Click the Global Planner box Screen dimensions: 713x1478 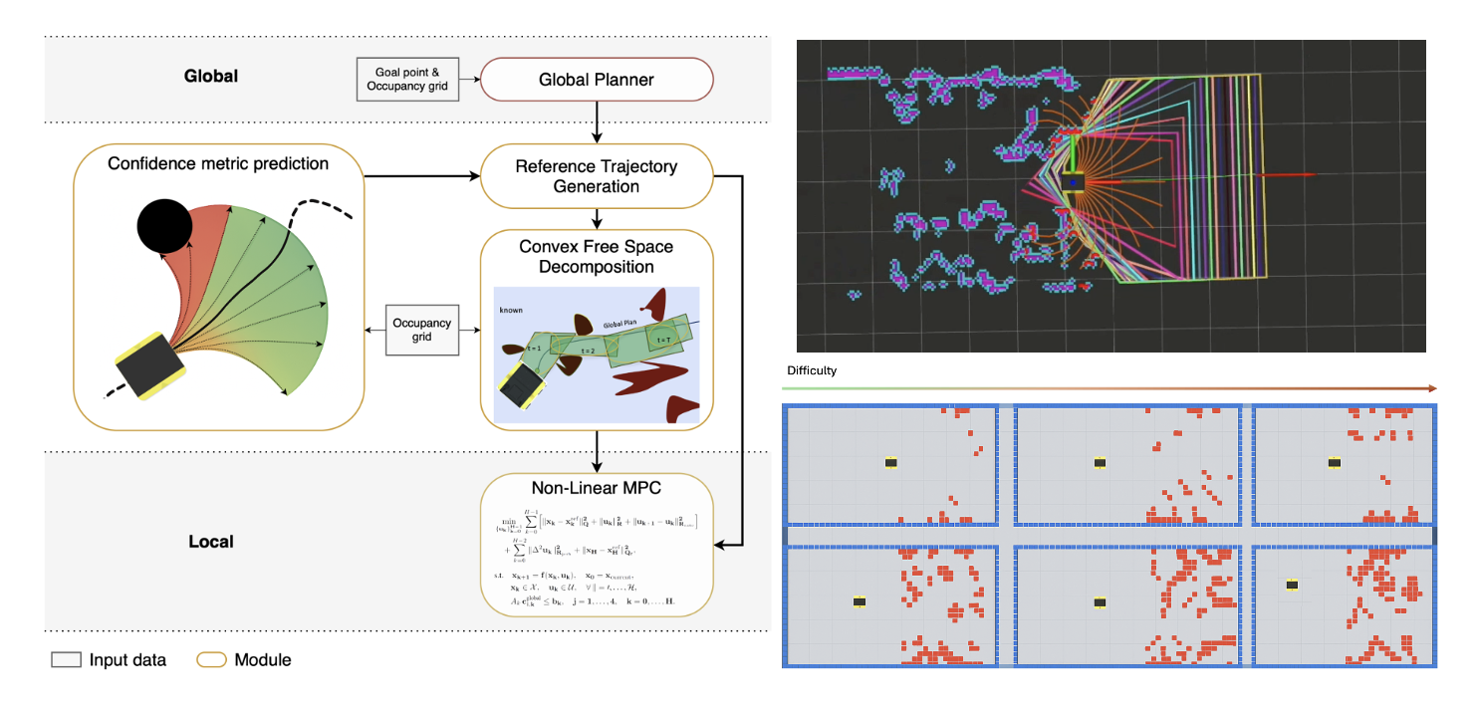coord(597,79)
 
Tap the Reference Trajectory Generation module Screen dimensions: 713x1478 coord(597,176)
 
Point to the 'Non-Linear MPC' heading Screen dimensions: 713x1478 coord(596,488)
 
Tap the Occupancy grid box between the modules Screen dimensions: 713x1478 coord(421,331)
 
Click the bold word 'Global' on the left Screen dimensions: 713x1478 coord(210,76)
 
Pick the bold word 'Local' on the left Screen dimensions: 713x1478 coord(210,542)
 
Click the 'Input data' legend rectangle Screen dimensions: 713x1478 coord(66,659)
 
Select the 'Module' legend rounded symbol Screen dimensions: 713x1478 coord(212,659)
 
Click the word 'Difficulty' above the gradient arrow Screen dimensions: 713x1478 coord(812,370)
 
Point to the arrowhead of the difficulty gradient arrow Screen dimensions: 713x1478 coord(1431,388)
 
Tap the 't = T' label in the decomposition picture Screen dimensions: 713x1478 coord(661,339)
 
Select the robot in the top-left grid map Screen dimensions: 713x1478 coord(891,462)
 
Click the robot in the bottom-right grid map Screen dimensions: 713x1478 coord(1293,586)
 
